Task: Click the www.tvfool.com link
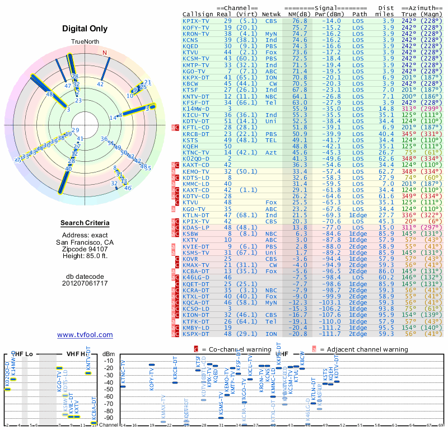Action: (85, 335)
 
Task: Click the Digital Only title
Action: (85, 29)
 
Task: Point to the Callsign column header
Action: (198, 14)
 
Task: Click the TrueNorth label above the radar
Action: (85, 42)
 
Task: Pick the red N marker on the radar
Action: (104, 53)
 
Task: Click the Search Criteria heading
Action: (85, 223)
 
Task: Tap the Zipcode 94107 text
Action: (85, 249)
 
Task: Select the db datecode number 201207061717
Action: (85, 283)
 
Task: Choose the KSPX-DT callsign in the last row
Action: (198, 334)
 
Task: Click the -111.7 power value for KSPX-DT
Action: (330, 334)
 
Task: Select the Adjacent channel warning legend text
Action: (363, 349)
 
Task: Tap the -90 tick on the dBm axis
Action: (109, 418)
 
